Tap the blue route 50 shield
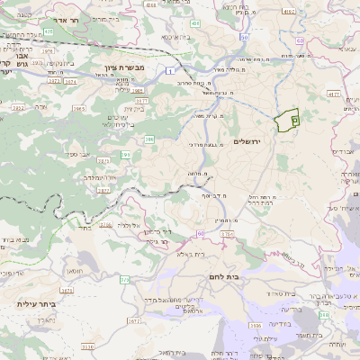(244, 38)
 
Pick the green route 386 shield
(148, 139)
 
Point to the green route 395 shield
(125, 155)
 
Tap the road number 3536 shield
(256, 326)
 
